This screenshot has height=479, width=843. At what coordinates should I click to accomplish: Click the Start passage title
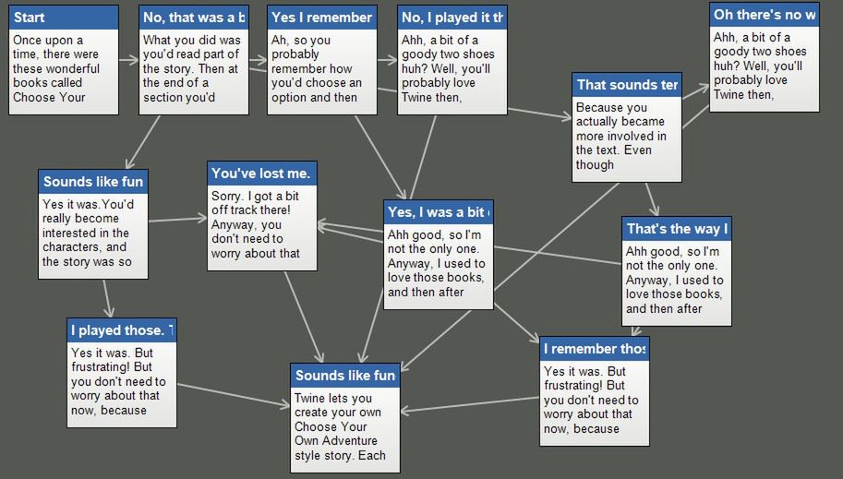pyautogui.click(x=29, y=18)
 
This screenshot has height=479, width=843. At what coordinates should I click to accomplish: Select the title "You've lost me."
pyautogui.click(x=260, y=174)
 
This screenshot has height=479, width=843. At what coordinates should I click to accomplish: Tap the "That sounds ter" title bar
pyautogui.click(x=627, y=84)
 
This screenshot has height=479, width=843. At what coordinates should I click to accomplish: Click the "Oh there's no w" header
pyautogui.click(x=765, y=15)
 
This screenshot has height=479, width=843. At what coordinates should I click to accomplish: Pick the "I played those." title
pyautogui.click(x=122, y=330)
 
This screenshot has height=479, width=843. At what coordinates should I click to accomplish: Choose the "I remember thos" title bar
pyautogui.click(x=595, y=349)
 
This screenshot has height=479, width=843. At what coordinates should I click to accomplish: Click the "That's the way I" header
pyautogui.click(x=677, y=229)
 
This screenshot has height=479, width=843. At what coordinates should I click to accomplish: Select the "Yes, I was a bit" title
pyautogui.click(x=439, y=212)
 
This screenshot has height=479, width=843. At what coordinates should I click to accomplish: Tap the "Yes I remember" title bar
pyautogui.click(x=321, y=18)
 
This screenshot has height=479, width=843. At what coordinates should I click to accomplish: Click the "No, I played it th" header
pyautogui.click(x=452, y=18)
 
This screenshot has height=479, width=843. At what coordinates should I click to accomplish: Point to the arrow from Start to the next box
pyautogui.click(x=128, y=60)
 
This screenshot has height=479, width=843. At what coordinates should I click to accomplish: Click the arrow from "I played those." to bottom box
pyautogui.click(x=234, y=395)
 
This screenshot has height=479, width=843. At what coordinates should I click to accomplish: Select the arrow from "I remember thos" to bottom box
pyautogui.click(x=470, y=404)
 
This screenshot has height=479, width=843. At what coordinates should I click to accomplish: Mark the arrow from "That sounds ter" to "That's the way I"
pyautogui.click(x=652, y=199)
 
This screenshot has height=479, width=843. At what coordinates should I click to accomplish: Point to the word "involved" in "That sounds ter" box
pyautogui.click(x=632, y=136)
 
